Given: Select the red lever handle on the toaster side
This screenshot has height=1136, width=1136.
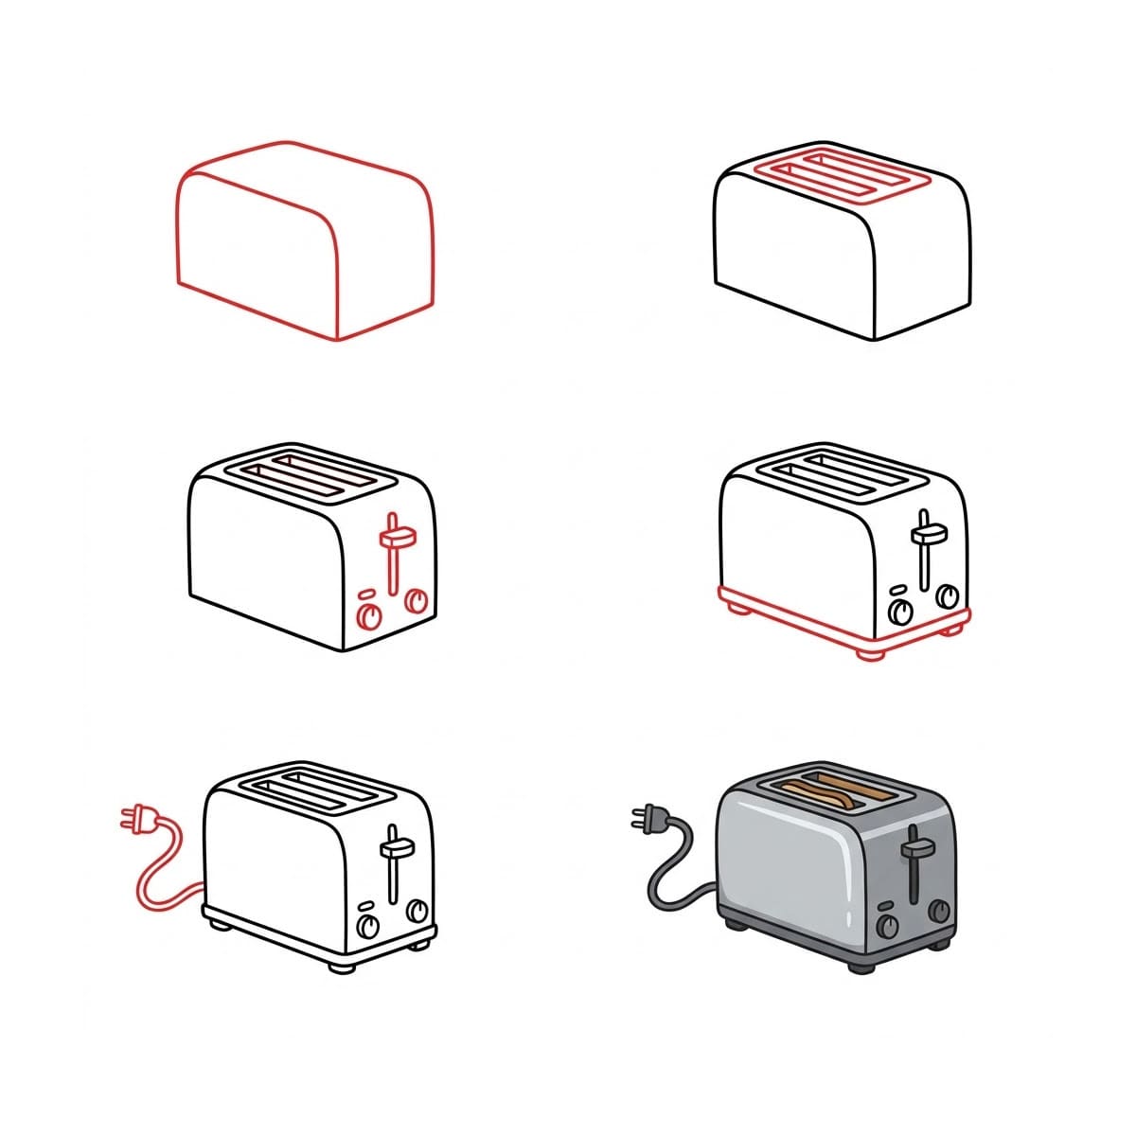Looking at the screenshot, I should pyautogui.click(x=397, y=538).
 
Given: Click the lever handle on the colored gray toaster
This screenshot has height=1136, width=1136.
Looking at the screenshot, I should pyautogui.click(x=914, y=848).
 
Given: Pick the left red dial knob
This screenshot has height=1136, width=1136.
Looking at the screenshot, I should pyautogui.click(x=368, y=616).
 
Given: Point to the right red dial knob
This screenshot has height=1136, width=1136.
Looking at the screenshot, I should pyautogui.click(x=416, y=600).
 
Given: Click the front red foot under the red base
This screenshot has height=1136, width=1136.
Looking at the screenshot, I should pyautogui.click(x=869, y=653).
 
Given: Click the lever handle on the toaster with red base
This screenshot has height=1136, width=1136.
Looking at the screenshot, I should pyautogui.click(x=924, y=536).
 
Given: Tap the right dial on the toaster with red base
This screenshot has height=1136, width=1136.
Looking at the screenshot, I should pyautogui.click(x=947, y=595).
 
